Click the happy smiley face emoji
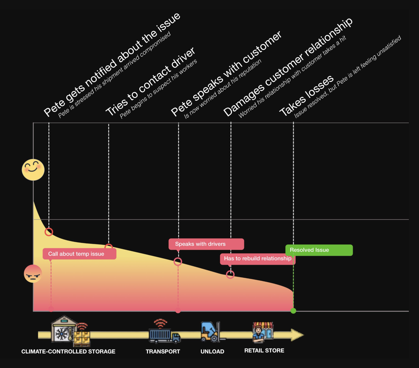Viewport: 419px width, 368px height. (x=33, y=170)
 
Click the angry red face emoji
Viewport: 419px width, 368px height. (x=33, y=274)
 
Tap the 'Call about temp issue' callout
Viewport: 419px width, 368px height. (x=79, y=254)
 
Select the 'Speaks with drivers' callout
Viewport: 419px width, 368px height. (x=206, y=244)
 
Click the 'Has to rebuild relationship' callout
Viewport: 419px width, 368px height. (x=257, y=259)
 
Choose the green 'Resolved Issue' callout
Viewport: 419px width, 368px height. (x=319, y=250)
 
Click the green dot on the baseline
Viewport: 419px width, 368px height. (x=293, y=311)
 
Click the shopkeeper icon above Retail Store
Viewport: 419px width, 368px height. (x=262, y=332)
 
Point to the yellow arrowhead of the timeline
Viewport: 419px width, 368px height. (x=297, y=335)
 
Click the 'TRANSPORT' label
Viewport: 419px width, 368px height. (x=163, y=351)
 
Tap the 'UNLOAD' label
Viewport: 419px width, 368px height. (x=212, y=351)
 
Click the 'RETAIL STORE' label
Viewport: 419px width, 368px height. (x=264, y=350)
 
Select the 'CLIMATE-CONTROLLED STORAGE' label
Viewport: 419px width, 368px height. (x=68, y=351)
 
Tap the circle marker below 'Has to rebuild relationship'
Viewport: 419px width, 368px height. (x=230, y=274)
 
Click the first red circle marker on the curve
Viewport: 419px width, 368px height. (x=49, y=232)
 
